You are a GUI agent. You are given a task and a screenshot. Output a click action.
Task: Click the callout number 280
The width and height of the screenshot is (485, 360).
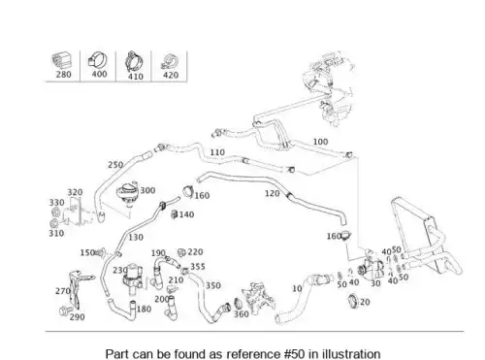pyautogui.click(x=63, y=75)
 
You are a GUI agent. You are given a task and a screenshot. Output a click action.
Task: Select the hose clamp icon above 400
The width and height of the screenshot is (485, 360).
pyautogui.click(x=98, y=60)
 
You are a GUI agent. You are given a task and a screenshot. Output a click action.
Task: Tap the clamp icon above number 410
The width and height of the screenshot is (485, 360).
pyautogui.click(x=134, y=61)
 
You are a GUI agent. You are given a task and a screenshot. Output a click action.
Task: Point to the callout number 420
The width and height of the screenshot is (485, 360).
pyautogui.click(x=171, y=75)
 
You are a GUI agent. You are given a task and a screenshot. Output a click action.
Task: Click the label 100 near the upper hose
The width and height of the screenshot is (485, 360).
pyautogui.click(x=320, y=142)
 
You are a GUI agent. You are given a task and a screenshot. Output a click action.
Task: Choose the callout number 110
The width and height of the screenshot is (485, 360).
pyautogui.click(x=217, y=152)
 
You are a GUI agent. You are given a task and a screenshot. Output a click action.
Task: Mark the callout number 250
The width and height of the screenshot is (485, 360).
pyautogui.click(x=115, y=165)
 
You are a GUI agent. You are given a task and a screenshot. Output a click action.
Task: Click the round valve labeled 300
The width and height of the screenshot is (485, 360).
pyautogui.click(x=128, y=193)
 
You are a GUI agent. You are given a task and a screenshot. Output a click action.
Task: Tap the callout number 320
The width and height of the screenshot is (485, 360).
pyautogui.click(x=75, y=192)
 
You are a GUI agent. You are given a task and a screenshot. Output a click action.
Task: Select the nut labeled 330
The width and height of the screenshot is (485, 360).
pyautogui.click(x=55, y=213)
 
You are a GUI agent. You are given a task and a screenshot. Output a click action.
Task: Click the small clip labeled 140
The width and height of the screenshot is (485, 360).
pyautogui.click(x=175, y=213)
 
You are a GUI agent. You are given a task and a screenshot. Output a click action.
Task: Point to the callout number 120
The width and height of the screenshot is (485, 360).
pyautogui.click(x=273, y=193)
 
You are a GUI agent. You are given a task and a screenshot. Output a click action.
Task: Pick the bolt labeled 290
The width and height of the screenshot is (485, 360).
pyautogui.click(x=64, y=311)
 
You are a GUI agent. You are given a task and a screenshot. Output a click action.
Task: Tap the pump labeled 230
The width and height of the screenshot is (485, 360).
pyautogui.click(x=132, y=278)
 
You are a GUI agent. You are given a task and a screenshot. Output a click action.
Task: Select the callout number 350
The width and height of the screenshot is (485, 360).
pyautogui.click(x=213, y=285)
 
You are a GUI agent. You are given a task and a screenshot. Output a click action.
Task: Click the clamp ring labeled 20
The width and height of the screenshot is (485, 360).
pyautogui.click(x=354, y=301)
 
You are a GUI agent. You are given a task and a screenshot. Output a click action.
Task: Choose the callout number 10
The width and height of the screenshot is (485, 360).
pyautogui.click(x=297, y=288)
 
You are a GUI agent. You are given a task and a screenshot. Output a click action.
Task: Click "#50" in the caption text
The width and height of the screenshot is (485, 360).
pyautogui.click(x=294, y=354)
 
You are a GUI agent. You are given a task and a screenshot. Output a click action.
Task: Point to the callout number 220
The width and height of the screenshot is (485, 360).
pyautogui.click(x=195, y=252)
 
